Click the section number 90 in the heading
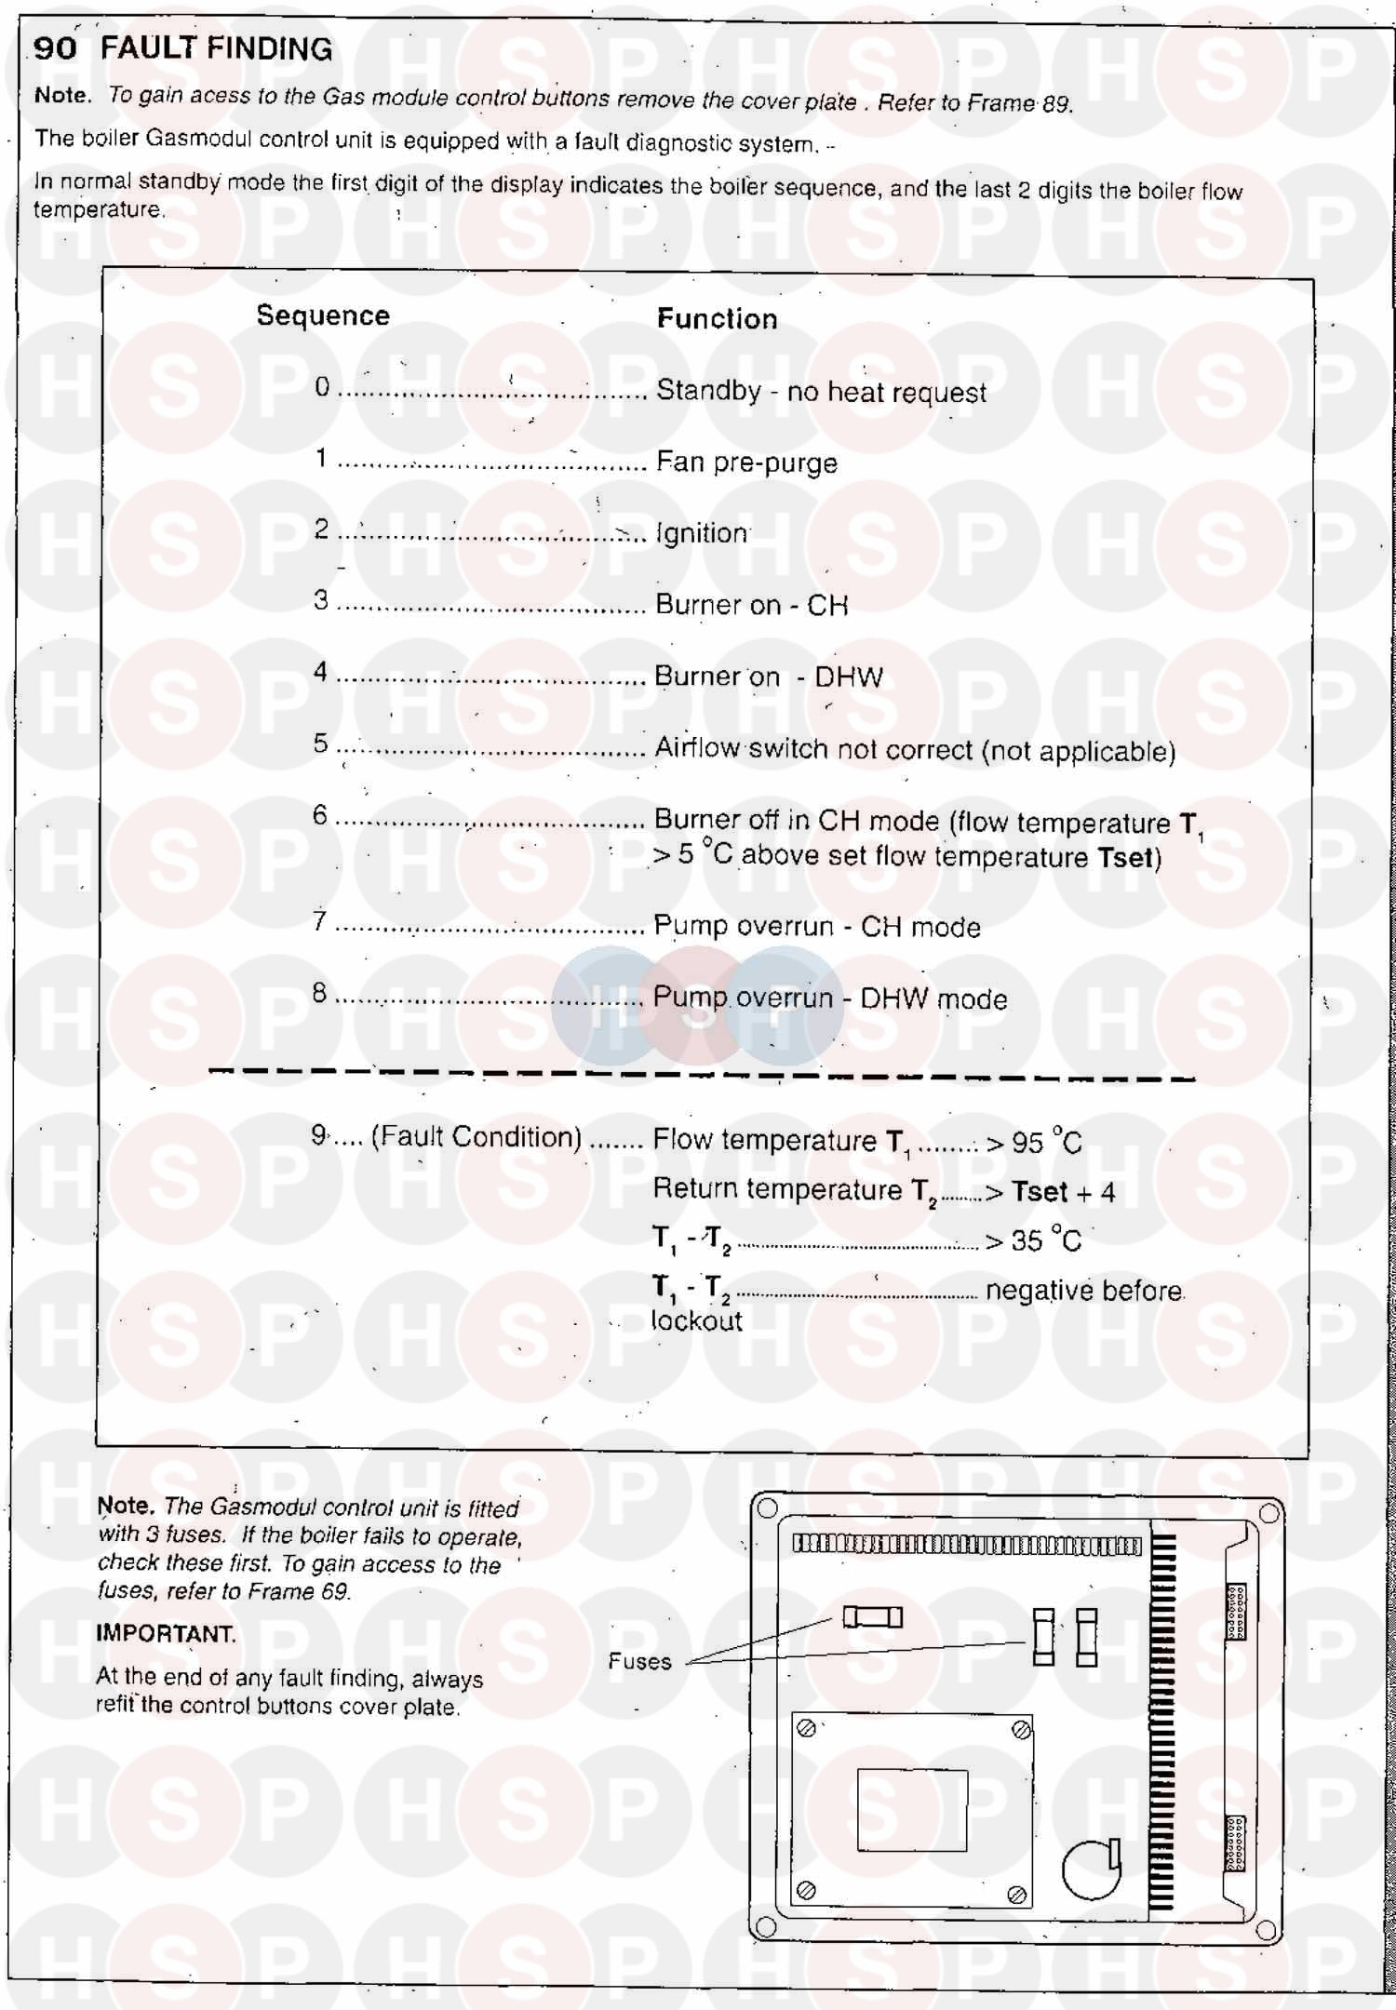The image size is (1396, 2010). tap(55, 48)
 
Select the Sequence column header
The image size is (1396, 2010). tap(323, 316)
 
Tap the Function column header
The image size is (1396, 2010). tap(717, 319)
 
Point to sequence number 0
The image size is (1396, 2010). tap(322, 387)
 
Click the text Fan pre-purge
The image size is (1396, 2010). tap(746, 462)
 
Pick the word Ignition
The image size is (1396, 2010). tap(702, 533)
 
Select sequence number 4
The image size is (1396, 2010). tap(320, 672)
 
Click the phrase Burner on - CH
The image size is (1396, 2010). tap(751, 605)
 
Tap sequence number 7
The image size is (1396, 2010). tap(319, 921)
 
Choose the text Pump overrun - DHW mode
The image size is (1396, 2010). tap(830, 998)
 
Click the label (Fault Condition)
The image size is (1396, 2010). tap(477, 1137)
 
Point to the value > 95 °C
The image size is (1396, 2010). tap(1034, 1142)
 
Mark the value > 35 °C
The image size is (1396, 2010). tap(1033, 1240)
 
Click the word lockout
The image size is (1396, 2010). tap(696, 1321)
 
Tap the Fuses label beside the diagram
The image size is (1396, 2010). tap(639, 1661)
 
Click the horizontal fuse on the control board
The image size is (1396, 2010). tap(872, 1617)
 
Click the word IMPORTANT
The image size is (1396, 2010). tap(166, 1634)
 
